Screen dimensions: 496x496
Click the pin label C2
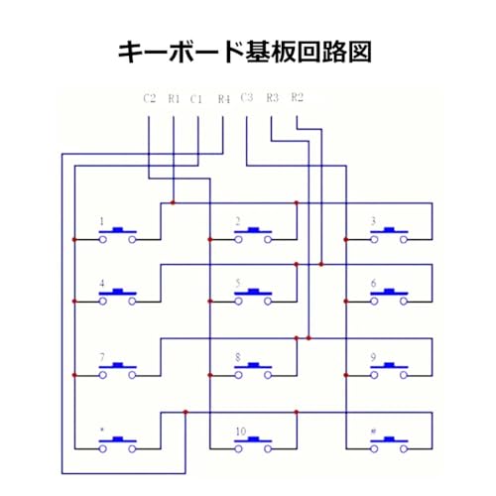click(x=150, y=98)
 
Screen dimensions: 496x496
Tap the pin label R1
click(x=174, y=98)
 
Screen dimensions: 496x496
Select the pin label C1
click(x=196, y=99)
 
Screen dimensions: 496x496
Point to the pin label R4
click(x=224, y=99)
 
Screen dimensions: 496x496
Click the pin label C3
click(x=247, y=97)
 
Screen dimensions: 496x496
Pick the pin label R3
click(x=273, y=97)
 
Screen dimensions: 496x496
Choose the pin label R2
click(x=298, y=97)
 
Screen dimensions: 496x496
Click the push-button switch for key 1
click(x=118, y=235)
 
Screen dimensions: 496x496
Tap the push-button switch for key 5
click(x=253, y=297)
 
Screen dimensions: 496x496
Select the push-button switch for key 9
click(x=389, y=371)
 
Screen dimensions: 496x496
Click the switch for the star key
click(x=118, y=444)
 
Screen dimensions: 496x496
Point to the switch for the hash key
click(x=389, y=444)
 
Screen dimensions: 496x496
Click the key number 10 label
click(x=241, y=432)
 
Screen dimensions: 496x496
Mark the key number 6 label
click(x=374, y=283)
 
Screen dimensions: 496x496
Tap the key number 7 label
click(x=102, y=357)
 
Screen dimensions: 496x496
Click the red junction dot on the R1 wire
click(x=173, y=202)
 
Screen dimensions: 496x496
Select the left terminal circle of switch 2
click(x=238, y=239)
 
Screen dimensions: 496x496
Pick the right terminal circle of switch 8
click(x=268, y=375)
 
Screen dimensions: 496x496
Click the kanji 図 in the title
click(x=359, y=52)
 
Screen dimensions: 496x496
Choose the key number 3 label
click(x=373, y=221)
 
